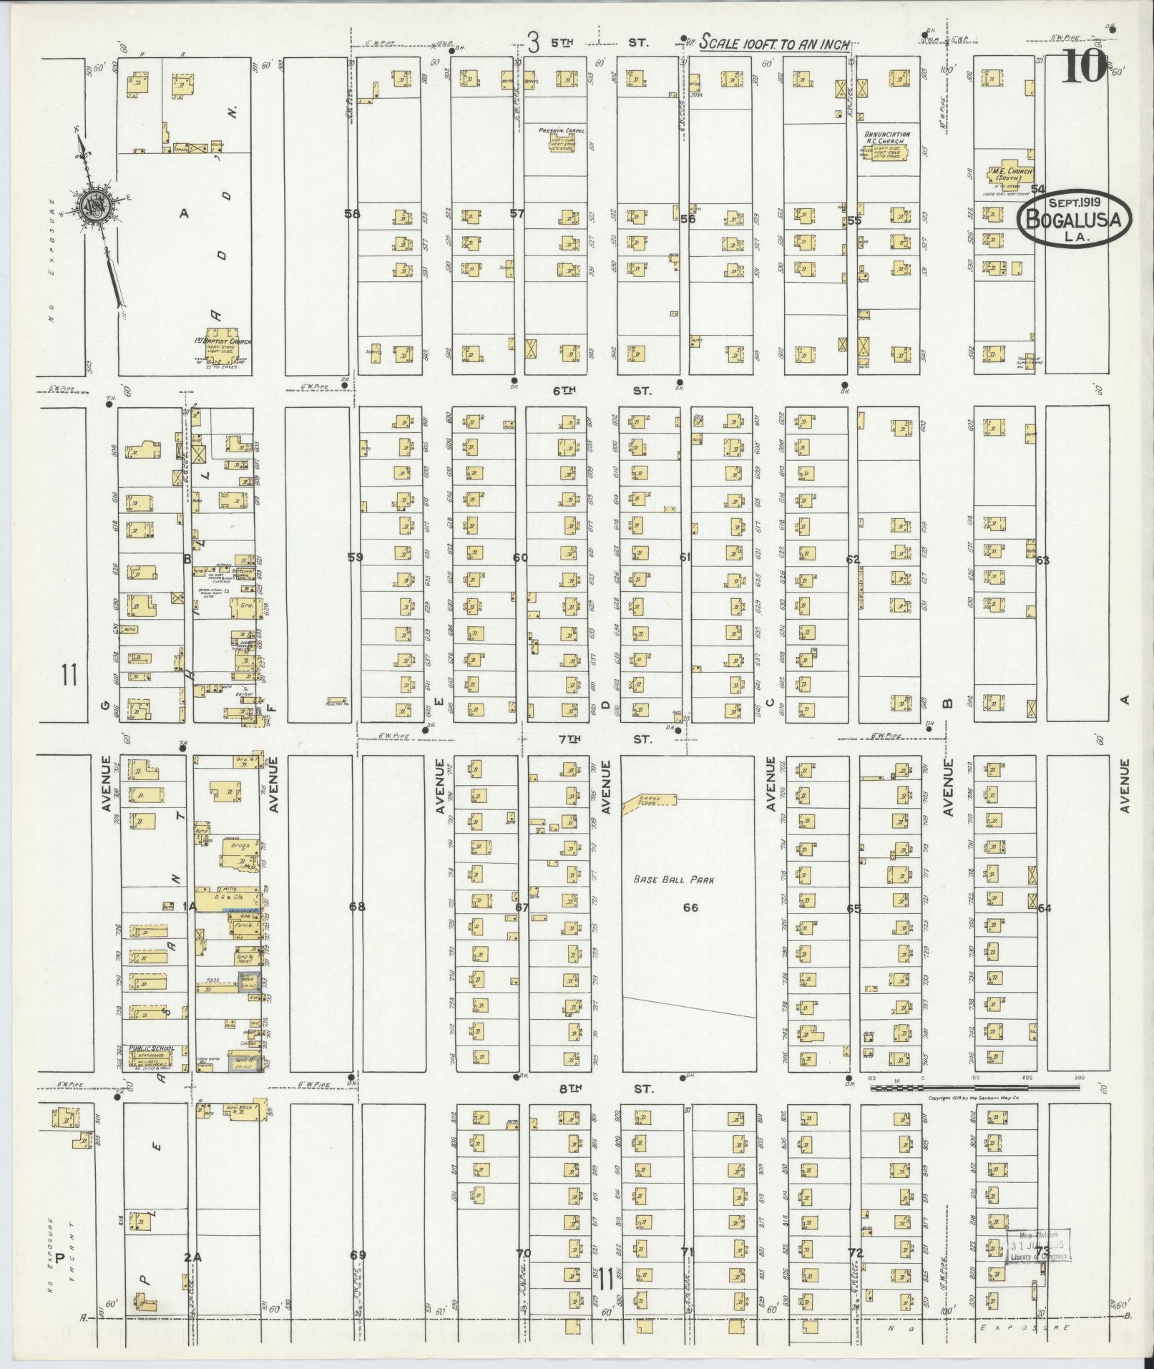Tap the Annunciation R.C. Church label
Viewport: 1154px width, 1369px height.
(x=886, y=137)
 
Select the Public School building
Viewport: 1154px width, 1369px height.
(x=152, y=1057)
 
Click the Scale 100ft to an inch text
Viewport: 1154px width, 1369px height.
(x=775, y=42)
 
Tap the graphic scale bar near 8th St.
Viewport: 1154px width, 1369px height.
(x=974, y=1108)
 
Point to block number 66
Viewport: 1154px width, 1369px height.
(x=690, y=908)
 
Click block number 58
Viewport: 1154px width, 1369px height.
(x=351, y=213)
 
